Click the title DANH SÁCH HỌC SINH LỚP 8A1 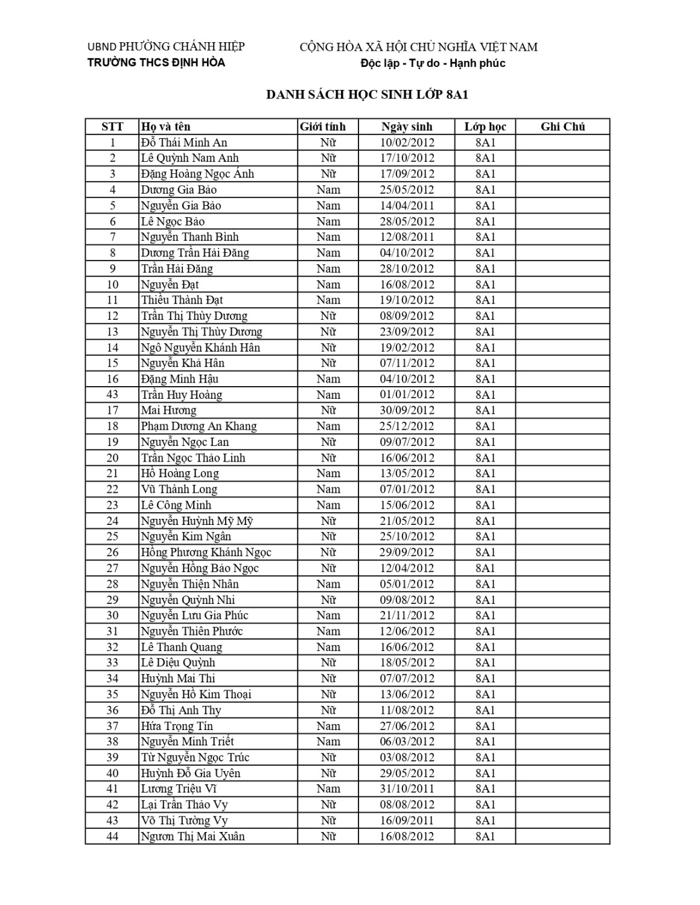(x=367, y=95)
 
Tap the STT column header (x=112, y=127)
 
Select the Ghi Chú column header (x=562, y=127)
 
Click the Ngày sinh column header (x=407, y=127)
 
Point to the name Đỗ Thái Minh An (x=184, y=142)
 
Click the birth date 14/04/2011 (x=407, y=206)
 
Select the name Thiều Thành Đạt (x=182, y=300)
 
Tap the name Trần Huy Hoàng (x=182, y=395)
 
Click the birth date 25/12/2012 (x=407, y=426)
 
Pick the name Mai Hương (x=168, y=410)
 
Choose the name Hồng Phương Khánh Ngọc (x=206, y=552)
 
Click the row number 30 (x=112, y=615)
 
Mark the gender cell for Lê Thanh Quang (x=328, y=647)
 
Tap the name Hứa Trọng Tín (x=177, y=726)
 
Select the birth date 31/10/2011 (x=407, y=789)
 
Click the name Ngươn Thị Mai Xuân (x=192, y=836)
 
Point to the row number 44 (x=112, y=836)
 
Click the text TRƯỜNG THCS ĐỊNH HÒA (x=156, y=63)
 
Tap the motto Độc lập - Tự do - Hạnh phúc (x=433, y=63)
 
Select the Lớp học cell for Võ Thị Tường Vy (x=485, y=821)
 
